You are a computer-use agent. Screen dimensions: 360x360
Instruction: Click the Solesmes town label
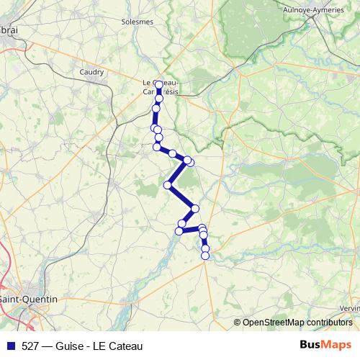(138, 22)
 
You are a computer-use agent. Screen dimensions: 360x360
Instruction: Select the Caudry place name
(91, 72)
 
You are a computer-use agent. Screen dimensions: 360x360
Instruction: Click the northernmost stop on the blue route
(159, 85)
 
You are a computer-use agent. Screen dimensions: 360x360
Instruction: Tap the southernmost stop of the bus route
(205, 255)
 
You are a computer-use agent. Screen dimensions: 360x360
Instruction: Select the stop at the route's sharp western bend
(168, 185)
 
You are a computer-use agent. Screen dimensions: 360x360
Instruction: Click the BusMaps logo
(327, 345)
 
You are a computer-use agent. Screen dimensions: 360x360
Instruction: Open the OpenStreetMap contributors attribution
(297, 322)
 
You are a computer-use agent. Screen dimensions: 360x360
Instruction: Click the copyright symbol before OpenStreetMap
(237, 322)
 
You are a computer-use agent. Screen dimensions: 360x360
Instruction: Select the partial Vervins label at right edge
(350, 307)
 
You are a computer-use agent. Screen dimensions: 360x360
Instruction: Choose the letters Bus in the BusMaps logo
(312, 345)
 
